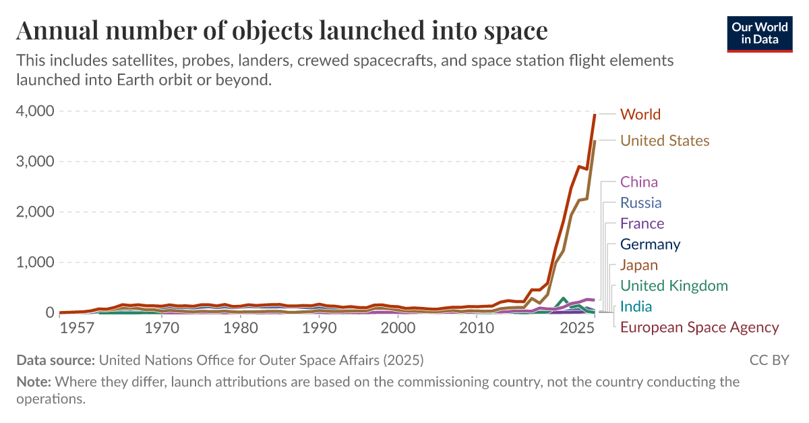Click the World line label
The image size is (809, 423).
(x=640, y=114)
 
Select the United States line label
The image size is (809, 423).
(x=664, y=140)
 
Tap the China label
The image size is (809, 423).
(x=638, y=182)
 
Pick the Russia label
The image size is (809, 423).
(x=640, y=203)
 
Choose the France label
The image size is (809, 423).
(x=642, y=224)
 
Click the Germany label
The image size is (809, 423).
(x=650, y=244)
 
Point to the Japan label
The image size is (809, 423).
(x=638, y=265)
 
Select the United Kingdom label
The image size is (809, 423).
(x=673, y=286)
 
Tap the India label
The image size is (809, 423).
(x=636, y=307)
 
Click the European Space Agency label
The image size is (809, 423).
(x=699, y=328)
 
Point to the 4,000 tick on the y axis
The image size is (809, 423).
(x=34, y=111)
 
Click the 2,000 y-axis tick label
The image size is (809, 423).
(x=34, y=212)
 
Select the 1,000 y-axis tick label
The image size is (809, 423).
(x=34, y=262)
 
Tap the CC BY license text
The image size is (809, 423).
(x=769, y=360)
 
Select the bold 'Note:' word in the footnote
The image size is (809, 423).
(x=34, y=382)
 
